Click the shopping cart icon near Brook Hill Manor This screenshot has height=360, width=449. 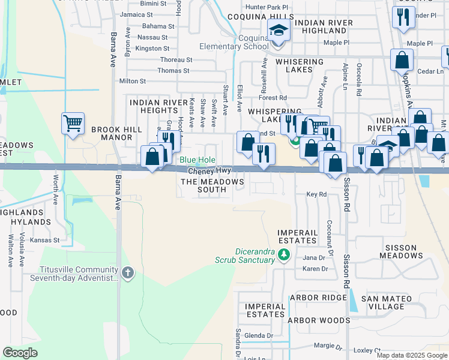tap(73, 124)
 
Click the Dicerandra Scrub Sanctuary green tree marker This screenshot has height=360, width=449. tap(285, 256)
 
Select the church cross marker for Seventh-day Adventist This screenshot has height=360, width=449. tap(127, 274)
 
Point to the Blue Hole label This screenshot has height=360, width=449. tap(197, 160)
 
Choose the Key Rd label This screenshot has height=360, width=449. tap(316, 194)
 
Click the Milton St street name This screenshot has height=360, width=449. tap(133, 81)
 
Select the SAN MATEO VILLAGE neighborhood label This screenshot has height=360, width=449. tap(387, 302)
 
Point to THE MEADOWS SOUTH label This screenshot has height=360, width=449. tap(212, 185)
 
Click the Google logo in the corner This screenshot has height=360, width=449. tap(20, 353)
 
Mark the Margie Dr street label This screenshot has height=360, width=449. tap(328, 346)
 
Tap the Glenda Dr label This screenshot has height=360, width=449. tap(259, 336)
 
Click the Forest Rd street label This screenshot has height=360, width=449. tap(273, 98)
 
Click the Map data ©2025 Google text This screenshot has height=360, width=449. tap(411, 355)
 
